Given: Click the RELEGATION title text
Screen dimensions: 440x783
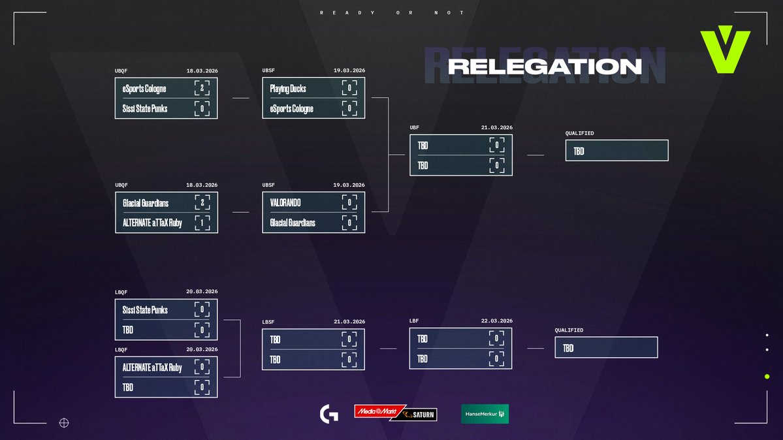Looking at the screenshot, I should (545, 67).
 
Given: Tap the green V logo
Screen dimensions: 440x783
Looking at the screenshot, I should (725, 52).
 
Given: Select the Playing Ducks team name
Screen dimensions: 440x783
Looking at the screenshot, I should (288, 89).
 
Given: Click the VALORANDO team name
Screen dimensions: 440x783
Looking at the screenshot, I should (285, 203).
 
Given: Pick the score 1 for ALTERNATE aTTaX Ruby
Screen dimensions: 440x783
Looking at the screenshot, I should (202, 223).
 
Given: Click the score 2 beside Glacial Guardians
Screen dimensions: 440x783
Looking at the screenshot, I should (202, 203).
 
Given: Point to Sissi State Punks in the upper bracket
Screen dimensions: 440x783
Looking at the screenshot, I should (145, 108).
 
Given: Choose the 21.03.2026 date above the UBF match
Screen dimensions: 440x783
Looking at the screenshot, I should (496, 128).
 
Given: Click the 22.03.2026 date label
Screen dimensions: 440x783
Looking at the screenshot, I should (496, 321).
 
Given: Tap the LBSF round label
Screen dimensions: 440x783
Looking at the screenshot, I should (268, 322).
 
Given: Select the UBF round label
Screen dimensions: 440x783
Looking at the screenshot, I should (415, 128).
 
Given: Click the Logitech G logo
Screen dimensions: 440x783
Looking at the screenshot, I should (328, 414).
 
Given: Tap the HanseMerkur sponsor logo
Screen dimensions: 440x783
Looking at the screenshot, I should (485, 414).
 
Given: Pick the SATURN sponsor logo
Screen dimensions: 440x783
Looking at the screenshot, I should (419, 415).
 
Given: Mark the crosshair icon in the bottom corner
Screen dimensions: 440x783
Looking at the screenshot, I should (64, 422).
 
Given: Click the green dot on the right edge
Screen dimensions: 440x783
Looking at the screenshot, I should (767, 377).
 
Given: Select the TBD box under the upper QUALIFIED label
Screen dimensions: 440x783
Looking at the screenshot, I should (616, 151).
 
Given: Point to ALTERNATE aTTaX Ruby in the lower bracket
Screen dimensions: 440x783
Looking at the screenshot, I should (153, 368).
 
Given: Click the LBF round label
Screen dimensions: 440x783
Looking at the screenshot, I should (413, 321).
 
